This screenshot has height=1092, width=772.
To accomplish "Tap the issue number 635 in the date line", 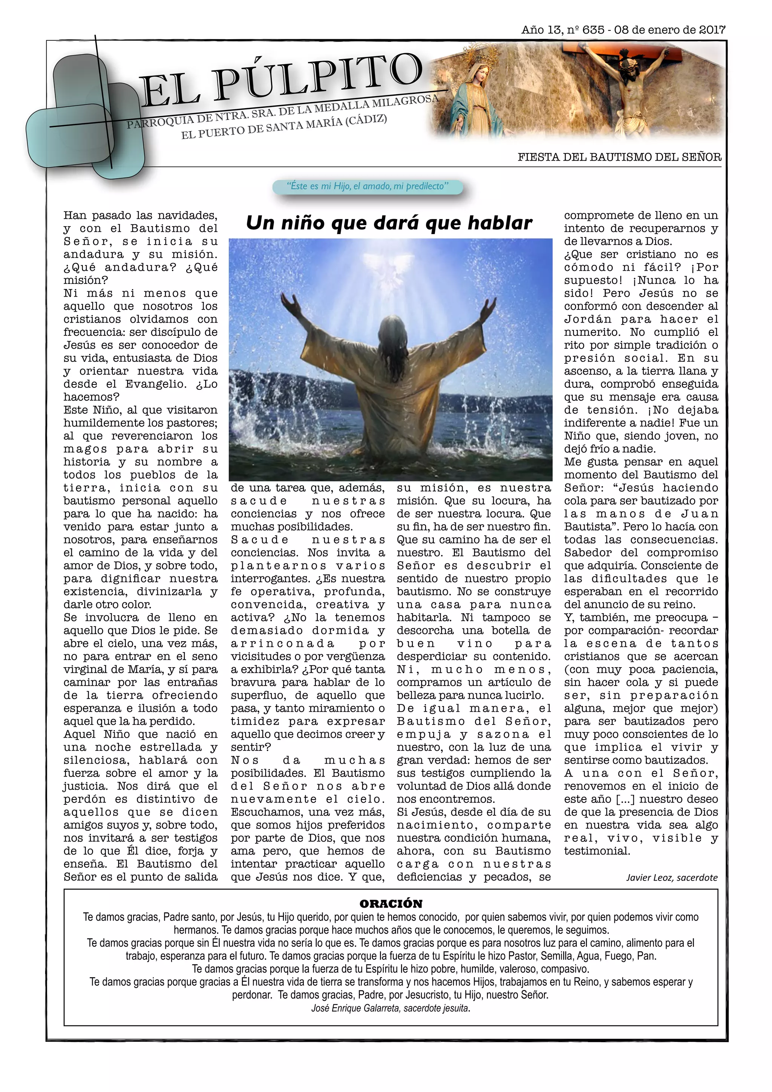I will tap(593, 30).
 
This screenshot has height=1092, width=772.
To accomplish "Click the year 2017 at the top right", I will tap(712, 30).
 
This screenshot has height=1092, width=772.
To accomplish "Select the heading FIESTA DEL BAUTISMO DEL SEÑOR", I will tap(619, 158).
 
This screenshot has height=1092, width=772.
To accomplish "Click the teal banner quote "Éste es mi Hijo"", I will tap(367, 187).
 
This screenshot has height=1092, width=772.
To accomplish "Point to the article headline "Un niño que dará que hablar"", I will tap(389, 223).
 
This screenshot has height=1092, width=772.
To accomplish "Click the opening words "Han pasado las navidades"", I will tap(140, 216).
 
